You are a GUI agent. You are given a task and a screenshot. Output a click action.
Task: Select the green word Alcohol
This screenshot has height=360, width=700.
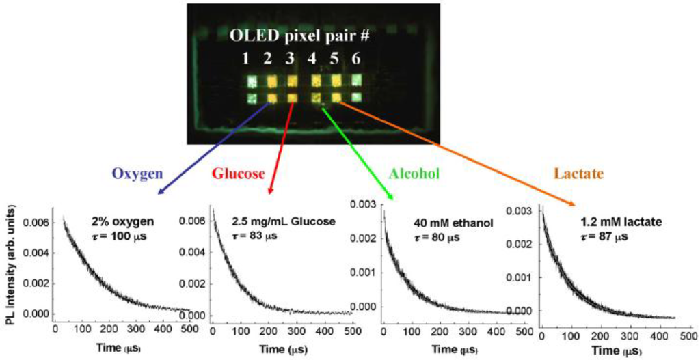(x=414, y=174)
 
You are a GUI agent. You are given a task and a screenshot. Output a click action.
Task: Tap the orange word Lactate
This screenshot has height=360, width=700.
(x=580, y=174)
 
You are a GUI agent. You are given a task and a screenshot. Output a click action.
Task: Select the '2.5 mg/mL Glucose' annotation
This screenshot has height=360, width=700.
(x=284, y=221)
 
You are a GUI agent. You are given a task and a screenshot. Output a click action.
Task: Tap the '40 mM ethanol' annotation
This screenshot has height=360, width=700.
(x=444, y=223)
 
